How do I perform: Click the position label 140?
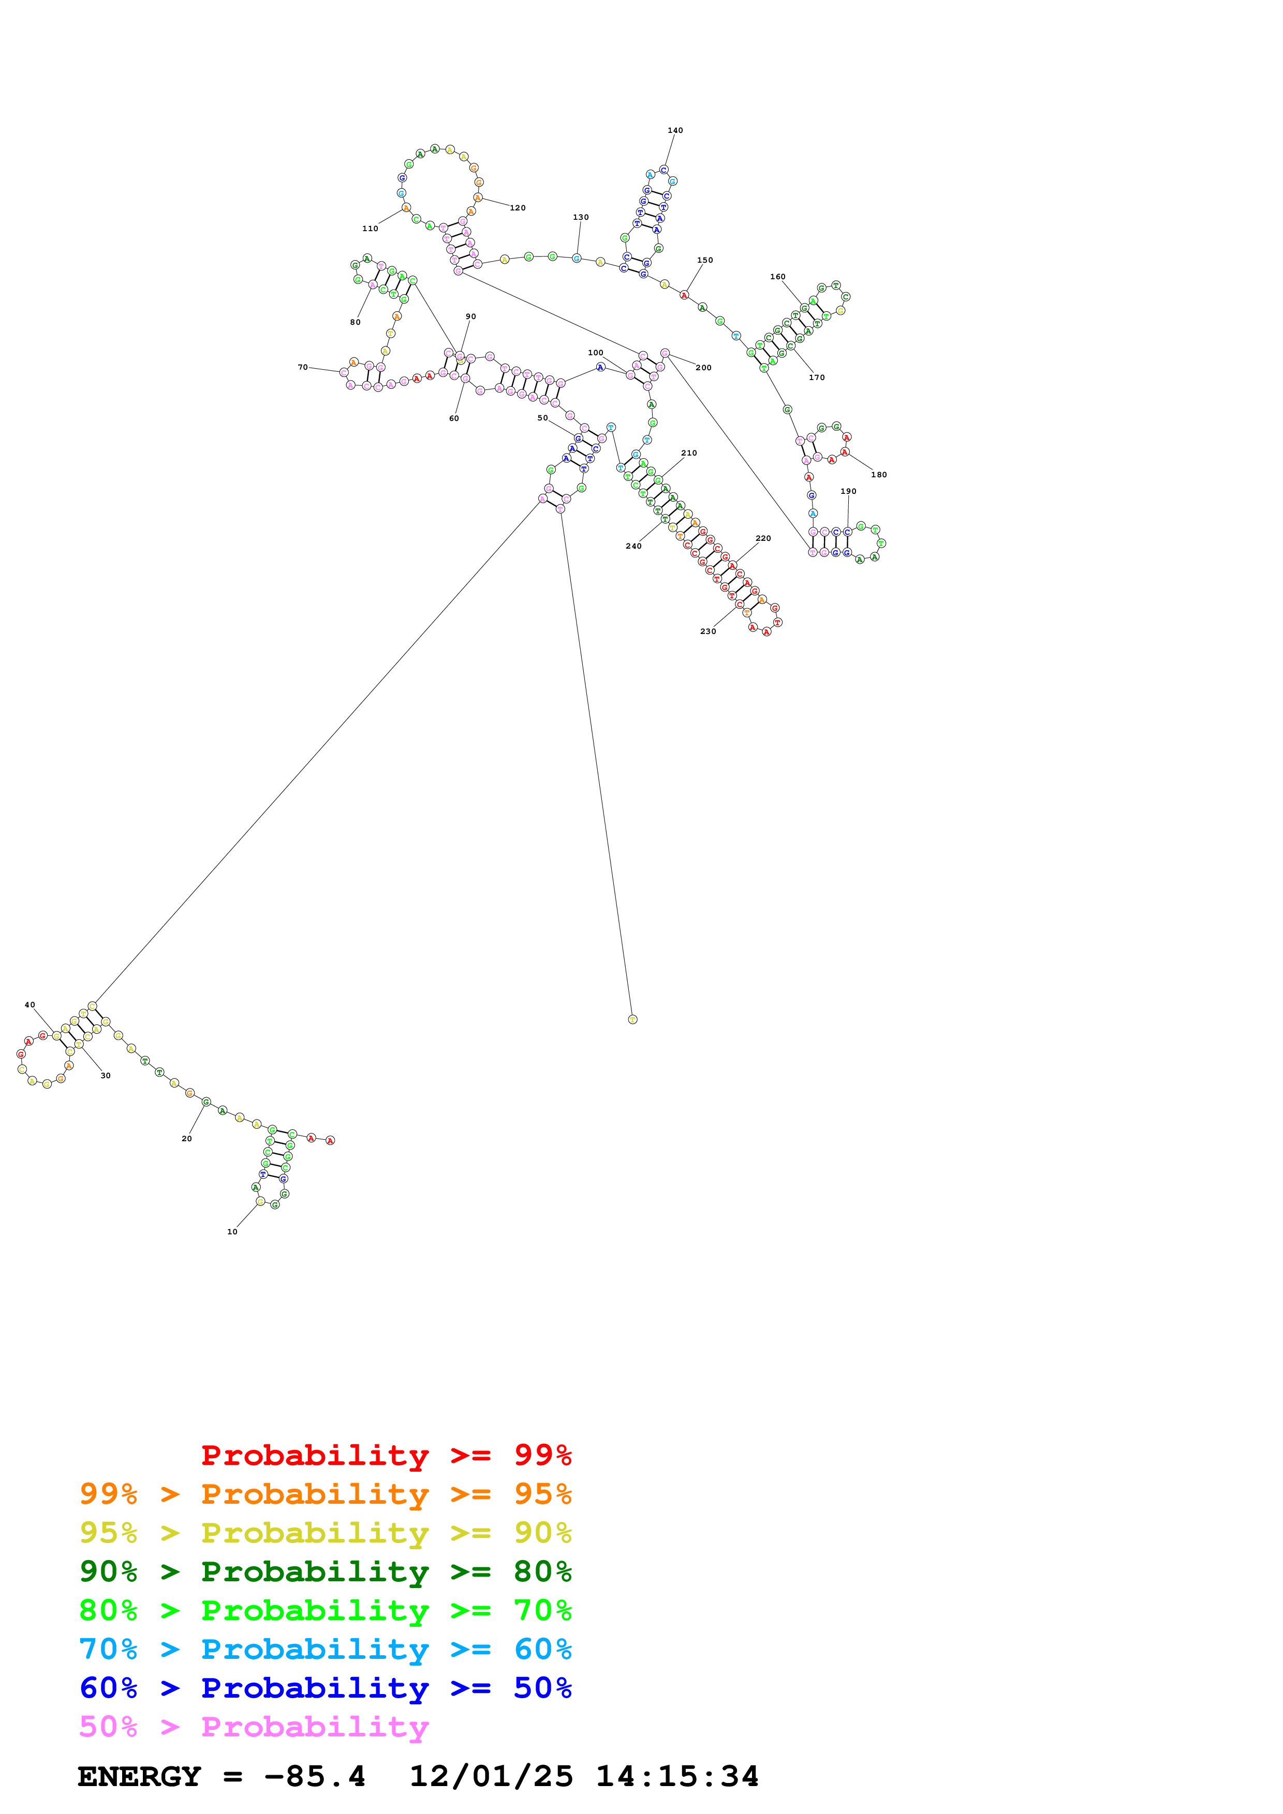click(674, 130)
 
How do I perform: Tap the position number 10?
click(232, 1232)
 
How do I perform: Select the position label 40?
click(30, 1005)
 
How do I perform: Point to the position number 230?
click(707, 631)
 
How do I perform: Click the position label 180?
click(878, 475)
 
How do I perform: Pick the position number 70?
click(303, 367)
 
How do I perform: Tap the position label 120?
click(517, 208)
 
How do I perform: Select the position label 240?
click(633, 546)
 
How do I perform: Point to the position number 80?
click(355, 322)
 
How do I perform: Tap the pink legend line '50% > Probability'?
click(253, 1727)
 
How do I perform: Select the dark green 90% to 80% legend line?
click(325, 1571)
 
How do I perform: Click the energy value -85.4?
click(315, 1777)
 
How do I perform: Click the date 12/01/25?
click(491, 1777)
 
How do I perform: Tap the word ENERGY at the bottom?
click(139, 1777)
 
